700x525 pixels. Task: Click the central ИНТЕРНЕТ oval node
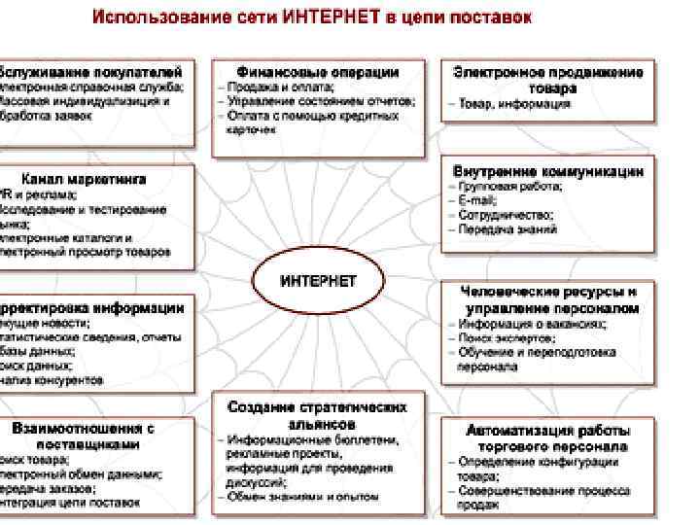(318, 281)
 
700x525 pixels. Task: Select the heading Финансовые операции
(318, 72)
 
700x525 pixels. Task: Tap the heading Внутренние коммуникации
(548, 170)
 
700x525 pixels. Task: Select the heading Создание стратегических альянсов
(318, 414)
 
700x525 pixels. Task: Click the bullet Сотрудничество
(506, 215)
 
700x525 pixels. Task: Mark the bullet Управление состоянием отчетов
(320, 101)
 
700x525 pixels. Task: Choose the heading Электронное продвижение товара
(548, 80)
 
